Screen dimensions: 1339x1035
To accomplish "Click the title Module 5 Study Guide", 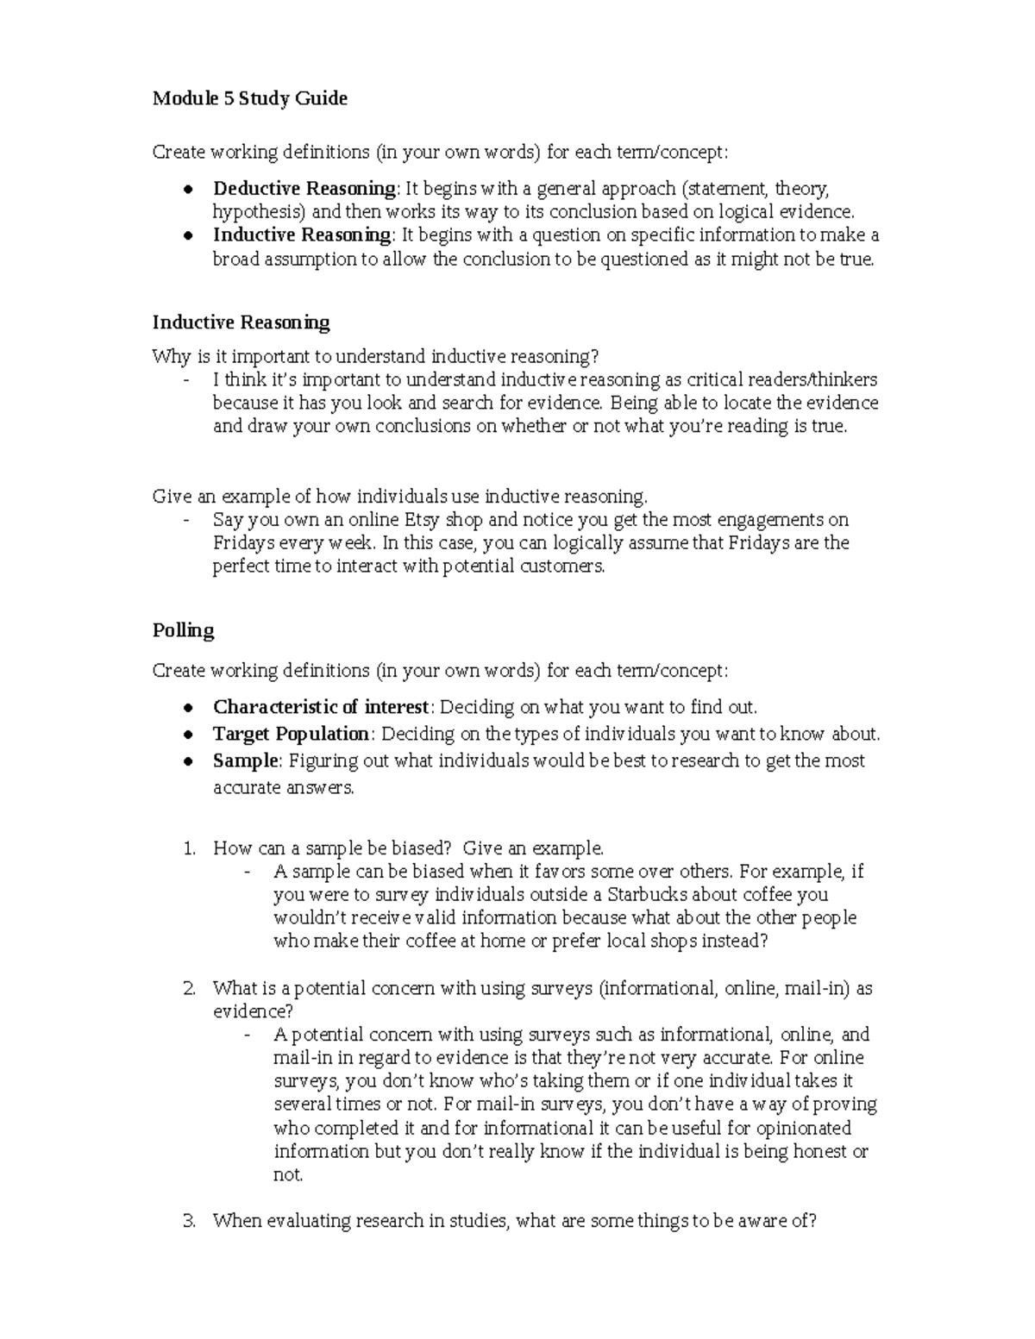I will point(249,98).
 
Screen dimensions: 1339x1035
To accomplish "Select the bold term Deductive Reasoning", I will point(304,189).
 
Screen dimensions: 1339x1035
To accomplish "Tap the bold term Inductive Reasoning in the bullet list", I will point(302,235).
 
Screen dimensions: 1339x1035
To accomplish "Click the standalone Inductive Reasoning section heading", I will point(241,322).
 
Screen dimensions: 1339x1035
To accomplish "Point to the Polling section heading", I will point(183,630).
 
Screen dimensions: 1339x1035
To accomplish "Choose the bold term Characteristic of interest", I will point(321,707).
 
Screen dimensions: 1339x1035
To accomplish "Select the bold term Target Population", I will point(291,734).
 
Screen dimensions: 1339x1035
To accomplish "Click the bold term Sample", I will point(245,760).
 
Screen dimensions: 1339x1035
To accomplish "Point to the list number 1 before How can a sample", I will point(190,848).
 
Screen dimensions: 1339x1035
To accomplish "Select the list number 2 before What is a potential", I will point(190,988).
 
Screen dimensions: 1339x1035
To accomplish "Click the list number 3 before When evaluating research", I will point(190,1221).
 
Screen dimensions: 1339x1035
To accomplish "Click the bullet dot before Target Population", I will point(187,735).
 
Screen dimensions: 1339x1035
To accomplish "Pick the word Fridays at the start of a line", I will point(243,543).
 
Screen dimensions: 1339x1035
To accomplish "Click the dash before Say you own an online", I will point(186,520).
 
